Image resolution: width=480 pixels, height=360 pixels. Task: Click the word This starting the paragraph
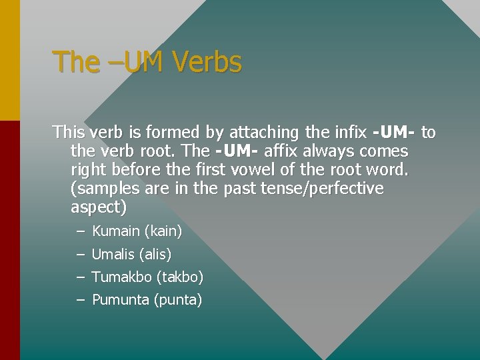(x=69, y=132)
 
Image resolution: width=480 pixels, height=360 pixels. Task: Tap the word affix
(x=279, y=151)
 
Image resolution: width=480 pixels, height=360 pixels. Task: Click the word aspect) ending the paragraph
(x=98, y=207)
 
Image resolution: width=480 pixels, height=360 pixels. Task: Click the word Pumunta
(x=120, y=299)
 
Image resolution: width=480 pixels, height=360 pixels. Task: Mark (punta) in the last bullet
(x=178, y=299)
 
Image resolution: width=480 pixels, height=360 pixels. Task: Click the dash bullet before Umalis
(x=80, y=254)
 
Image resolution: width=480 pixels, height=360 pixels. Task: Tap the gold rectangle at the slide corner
(x=10, y=60)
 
